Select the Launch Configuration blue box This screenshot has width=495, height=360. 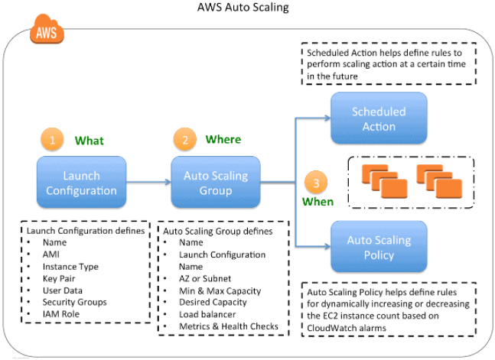[81, 183]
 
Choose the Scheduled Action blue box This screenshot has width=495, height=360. [378, 118]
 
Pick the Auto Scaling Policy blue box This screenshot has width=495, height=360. [378, 247]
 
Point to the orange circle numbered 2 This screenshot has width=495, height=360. [184, 141]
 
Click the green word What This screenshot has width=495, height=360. [89, 141]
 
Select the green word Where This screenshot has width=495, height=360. [223, 140]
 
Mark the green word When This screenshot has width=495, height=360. [318, 202]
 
